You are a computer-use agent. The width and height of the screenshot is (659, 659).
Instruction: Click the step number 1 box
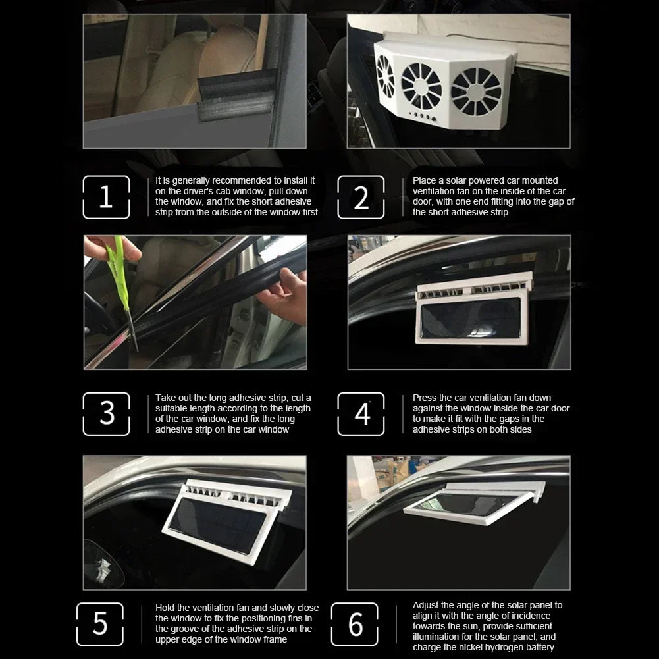(106, 198)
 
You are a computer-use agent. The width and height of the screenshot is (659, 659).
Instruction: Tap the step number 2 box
(361, 198)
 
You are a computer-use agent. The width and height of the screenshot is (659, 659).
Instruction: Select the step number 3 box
(106, 414)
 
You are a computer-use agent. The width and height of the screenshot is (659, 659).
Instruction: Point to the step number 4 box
(361, 414)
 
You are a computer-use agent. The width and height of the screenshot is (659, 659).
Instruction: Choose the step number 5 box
(100, 624)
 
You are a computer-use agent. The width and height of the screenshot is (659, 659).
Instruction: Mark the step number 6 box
(355, 624)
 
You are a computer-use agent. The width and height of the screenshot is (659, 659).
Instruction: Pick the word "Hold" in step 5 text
(165, 608)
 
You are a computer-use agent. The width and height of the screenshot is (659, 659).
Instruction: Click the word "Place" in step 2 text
(425, 180)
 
